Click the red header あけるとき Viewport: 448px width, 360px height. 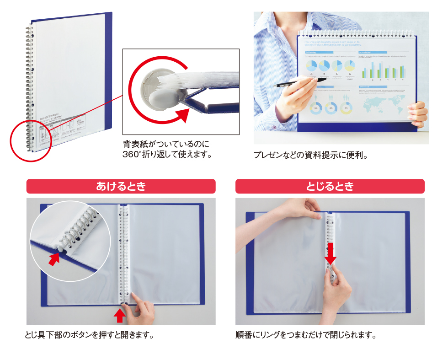pos(121,186)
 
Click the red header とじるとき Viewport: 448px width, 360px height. pos(330,186)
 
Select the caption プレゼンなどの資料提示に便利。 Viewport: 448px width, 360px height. pos(311,155)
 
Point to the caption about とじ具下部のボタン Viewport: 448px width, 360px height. pos(89,335)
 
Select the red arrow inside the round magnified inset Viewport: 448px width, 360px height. pos(54,259)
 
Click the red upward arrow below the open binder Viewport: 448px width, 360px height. pos(119,316)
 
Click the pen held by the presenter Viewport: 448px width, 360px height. pos(293,84)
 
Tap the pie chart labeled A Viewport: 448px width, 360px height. pos(312,65)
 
